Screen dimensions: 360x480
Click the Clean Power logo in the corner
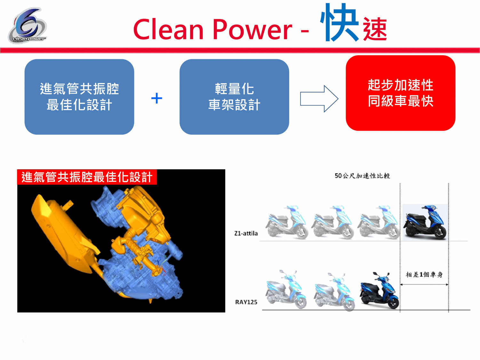(x=27, y=26)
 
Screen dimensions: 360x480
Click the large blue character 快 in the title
(x=340, y=23)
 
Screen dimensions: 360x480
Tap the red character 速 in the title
(x=375, y=29)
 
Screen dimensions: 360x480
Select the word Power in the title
(x=252, y=29)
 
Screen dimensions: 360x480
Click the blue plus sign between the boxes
(x=156, y=98)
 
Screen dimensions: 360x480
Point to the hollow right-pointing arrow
(x=319, y=99)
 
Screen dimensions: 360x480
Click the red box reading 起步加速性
(x=400, y=93)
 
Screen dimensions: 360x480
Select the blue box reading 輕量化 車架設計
(x=234, y=97)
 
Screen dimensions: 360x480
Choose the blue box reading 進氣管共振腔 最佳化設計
(x=79, y=97)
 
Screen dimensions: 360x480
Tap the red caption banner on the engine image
(x=87, y=177)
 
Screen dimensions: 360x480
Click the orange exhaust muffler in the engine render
(x=61, y=234)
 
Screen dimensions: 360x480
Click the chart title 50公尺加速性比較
(x=362, y=176)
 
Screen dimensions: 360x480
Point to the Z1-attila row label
(x=246, y=233)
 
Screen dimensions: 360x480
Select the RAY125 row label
(x=246, y=302)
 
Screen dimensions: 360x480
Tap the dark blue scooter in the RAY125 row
(x=380, y=291)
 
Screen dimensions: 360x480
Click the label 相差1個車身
(x=424, y=275)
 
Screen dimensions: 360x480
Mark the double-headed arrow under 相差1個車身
(x=424, y=284)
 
